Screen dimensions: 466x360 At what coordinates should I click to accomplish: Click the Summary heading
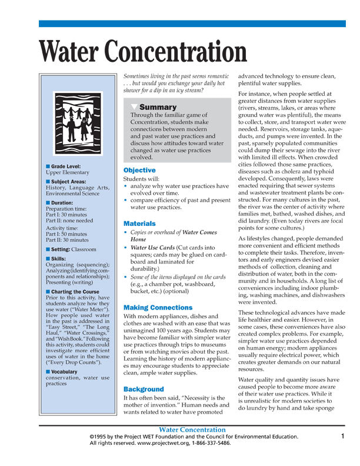pyautogui.click(x=158, y=107)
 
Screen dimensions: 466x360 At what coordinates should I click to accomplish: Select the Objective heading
pyautogui.click(x=139, y=170)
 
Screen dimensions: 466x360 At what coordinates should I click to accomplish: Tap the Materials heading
pyautogui.click(x=139, y=224)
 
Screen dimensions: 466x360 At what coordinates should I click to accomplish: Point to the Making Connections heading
pyautogui.click(x=158, y=308)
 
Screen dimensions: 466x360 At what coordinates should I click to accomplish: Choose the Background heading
pyautogui.click(x=144, y=389)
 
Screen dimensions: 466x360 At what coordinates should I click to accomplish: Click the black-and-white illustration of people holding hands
pyautogui.click(x=78, y=123)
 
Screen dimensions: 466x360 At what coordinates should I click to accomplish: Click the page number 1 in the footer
pyautogui.click(x=342, y=436)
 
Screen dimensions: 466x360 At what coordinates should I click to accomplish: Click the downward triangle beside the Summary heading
pyautogui.click(x=134, y=107)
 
